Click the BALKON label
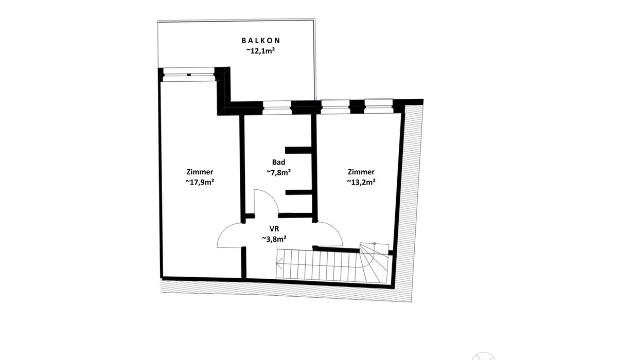pos(261,41)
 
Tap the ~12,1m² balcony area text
pos(260,51)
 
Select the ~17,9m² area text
pos(200,182)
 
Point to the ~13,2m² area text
pos(361,182)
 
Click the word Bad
pos(278,163)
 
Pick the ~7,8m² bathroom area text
pos(278,172)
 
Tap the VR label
pos(274,229)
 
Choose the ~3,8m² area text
pos(274,239)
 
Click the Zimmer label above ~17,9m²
pos(200,172)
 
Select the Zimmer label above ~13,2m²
pos(361,172)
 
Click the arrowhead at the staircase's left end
pos(279,263)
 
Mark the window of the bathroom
pos(277,107)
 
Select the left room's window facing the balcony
pos(189,75)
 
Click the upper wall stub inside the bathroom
pos(298,150)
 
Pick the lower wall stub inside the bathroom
pos(298,192)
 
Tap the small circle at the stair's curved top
pos(375,244)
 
